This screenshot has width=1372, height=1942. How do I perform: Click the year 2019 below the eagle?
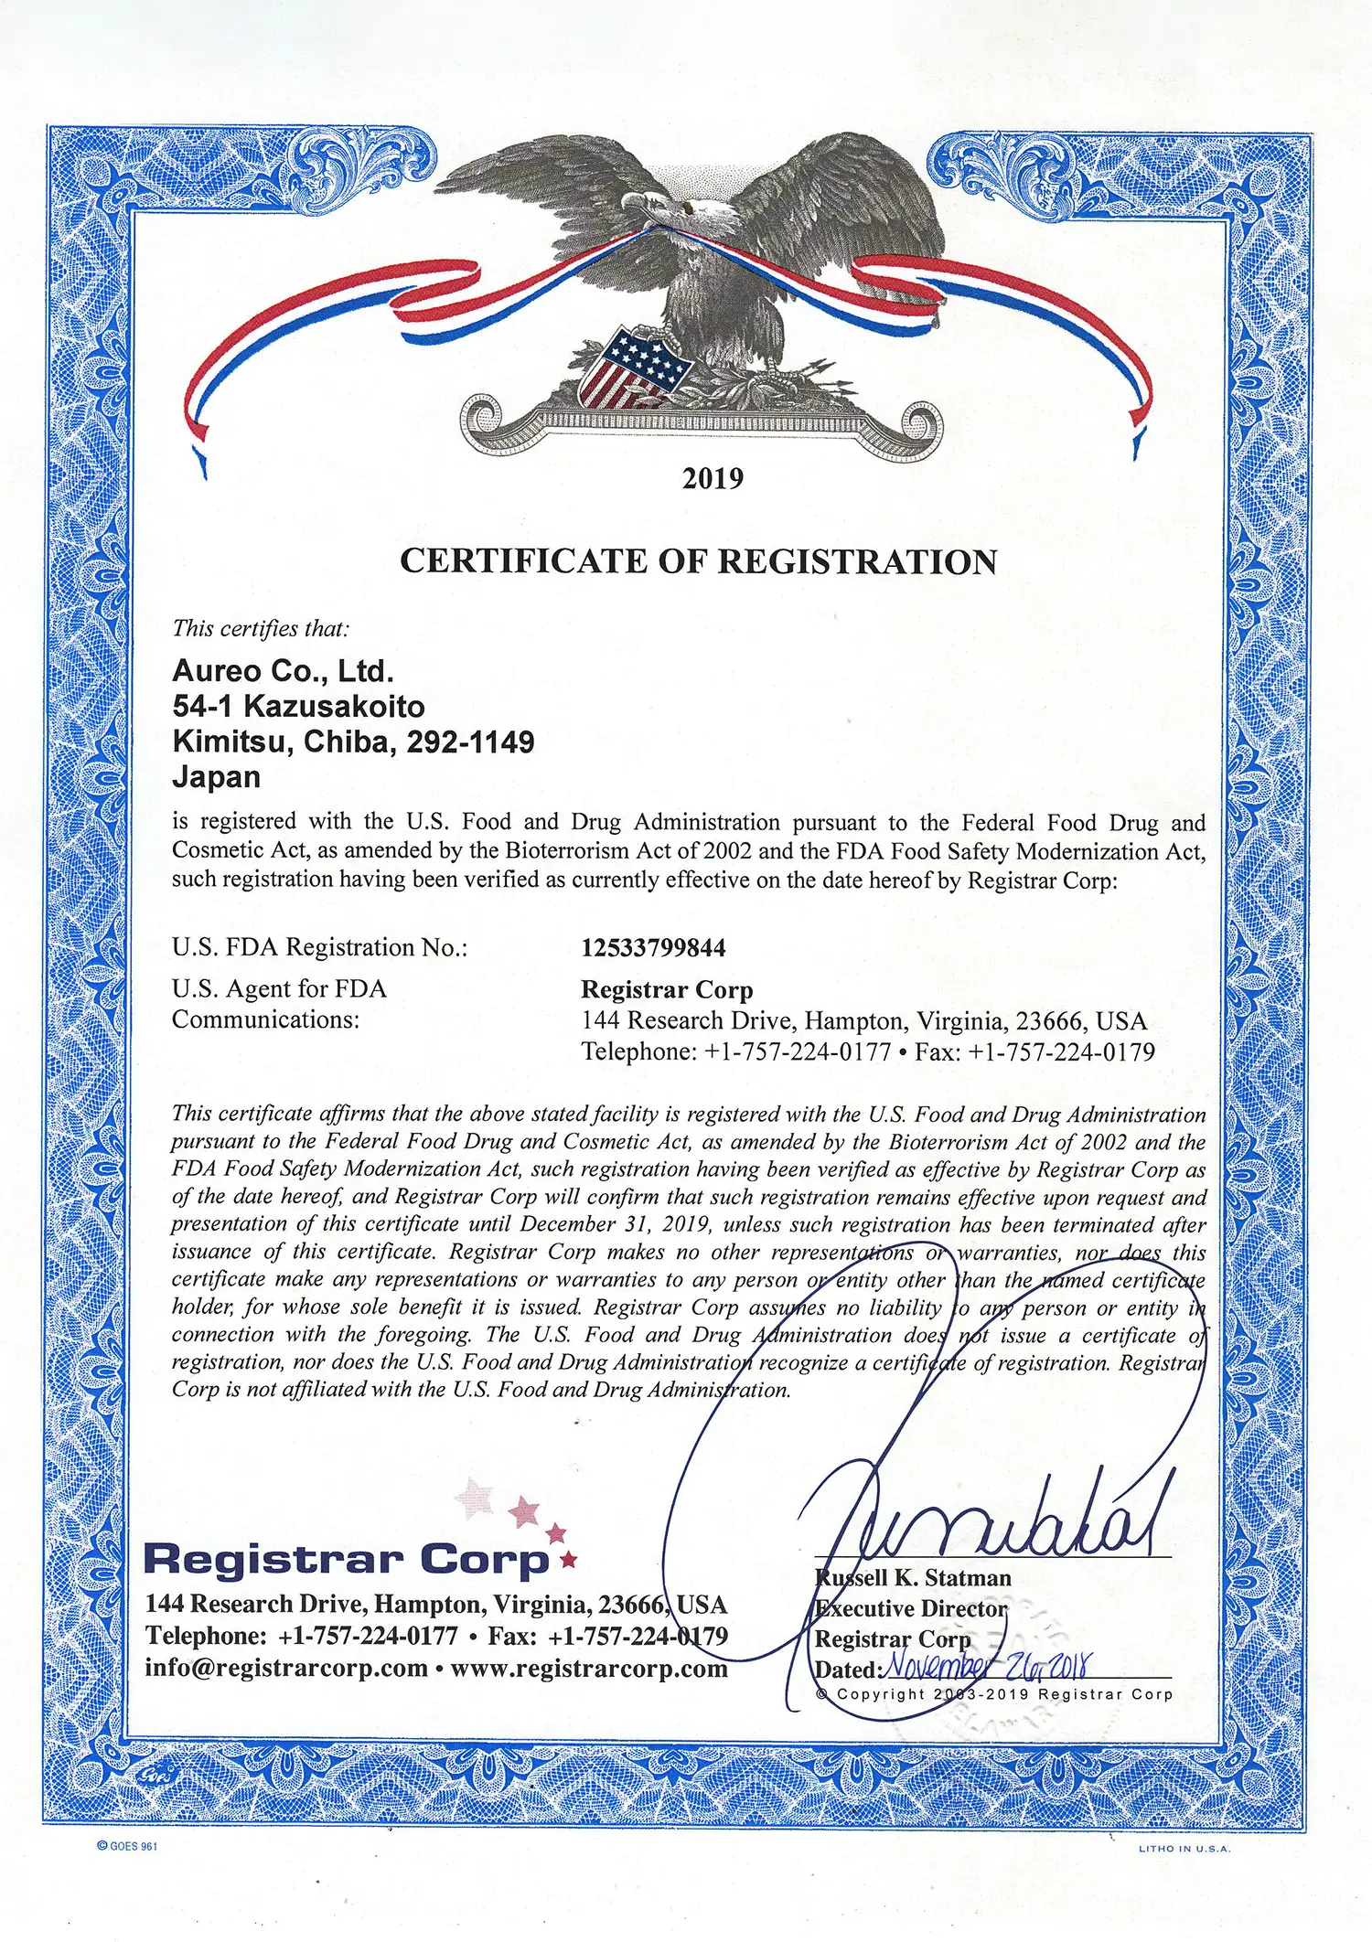(713, 478)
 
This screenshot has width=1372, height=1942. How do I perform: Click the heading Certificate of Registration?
(698, 561)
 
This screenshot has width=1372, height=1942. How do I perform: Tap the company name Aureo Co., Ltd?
(283, 671)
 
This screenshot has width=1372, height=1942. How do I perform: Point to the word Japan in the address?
(217, 777)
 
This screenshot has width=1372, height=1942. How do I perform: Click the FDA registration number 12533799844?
(653, 947)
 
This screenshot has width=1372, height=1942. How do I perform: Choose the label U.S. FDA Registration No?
(319, 947)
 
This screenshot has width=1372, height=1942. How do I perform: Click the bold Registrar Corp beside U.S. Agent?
(667, 989)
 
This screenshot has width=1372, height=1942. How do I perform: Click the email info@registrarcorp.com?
(286, 1668)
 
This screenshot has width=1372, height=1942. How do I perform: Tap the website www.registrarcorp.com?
(589, 1668)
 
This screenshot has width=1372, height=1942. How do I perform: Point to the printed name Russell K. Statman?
(913, 1578)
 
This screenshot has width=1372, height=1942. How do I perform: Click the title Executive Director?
(911, 1608)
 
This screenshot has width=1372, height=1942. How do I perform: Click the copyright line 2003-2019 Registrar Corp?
(993, 1694)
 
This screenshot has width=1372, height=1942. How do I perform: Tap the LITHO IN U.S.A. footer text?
(1184, 1849)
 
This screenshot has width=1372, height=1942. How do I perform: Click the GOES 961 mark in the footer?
(127, 1846)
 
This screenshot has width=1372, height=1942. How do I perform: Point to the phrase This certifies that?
(261, 628)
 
